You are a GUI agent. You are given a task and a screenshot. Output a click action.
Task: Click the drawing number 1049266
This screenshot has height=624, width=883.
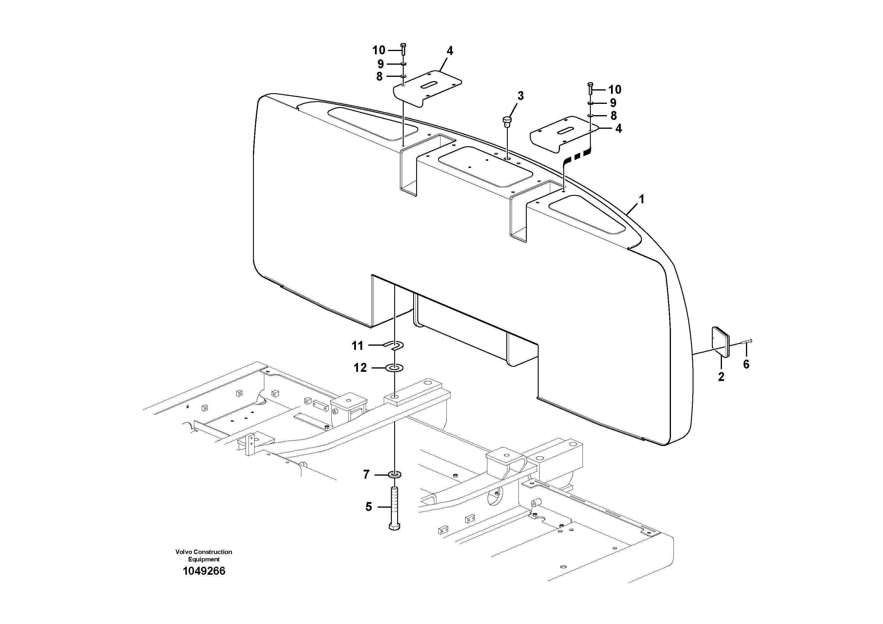(x=204, y=571)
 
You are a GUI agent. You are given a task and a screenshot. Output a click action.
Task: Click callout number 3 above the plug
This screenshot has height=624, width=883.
(x=520, y=96)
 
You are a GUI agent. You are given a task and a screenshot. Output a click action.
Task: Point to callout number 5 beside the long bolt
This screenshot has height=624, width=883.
(x=368, y=507)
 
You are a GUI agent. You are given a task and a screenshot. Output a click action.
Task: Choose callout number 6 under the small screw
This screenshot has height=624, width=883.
(x=746, y=364)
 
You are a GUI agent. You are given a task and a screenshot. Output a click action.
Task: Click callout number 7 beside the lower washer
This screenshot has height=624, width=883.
(x=366, y=475)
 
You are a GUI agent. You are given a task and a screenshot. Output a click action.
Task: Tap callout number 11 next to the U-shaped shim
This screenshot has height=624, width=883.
(x=357, y=346)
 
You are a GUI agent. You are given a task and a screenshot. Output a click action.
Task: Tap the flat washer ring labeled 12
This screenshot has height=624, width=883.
(x=394, y=368)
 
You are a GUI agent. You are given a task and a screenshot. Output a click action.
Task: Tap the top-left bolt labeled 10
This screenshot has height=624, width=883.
(x=403, y=50)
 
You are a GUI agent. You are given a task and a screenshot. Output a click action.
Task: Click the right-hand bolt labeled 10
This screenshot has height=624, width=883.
(x=591, y=89)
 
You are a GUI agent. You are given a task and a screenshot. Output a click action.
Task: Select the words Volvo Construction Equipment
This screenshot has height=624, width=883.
(x=204, y=555)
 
